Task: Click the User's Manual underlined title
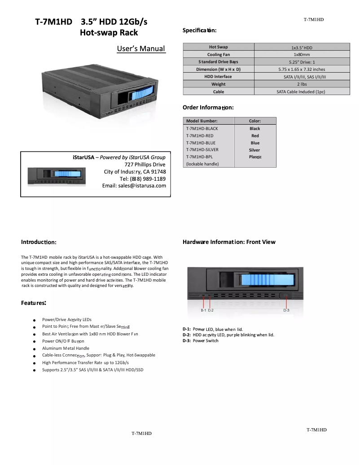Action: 140,49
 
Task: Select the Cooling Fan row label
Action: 218,54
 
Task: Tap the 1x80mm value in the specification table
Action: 302,54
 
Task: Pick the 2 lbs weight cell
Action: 302,84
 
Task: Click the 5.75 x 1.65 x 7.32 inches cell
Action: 302,70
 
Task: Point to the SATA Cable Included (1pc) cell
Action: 302,91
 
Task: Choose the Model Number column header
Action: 202,121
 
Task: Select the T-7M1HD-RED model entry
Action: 200,135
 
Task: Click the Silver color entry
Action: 255,150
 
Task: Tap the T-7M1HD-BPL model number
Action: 199,157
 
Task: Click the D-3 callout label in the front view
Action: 286,310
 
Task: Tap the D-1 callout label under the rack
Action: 203,310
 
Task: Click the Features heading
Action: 34,303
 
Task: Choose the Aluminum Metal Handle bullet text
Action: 66,348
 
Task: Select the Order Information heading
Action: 208,108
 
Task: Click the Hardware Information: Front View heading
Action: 229,242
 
